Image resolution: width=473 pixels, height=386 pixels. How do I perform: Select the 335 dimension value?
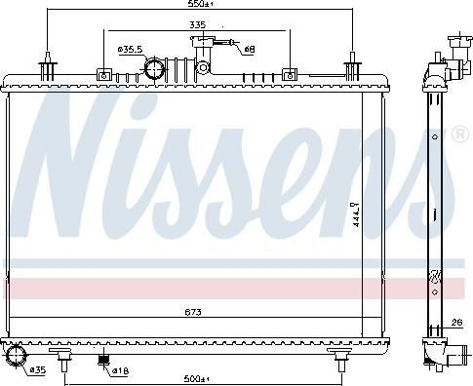[198, 25]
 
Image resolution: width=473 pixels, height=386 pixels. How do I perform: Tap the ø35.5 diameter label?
[130, 49]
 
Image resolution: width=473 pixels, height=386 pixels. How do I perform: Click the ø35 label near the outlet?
[37, 370]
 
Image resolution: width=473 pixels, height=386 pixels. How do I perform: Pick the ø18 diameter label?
[119, 370]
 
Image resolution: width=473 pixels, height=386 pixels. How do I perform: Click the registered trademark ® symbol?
[457, 134]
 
